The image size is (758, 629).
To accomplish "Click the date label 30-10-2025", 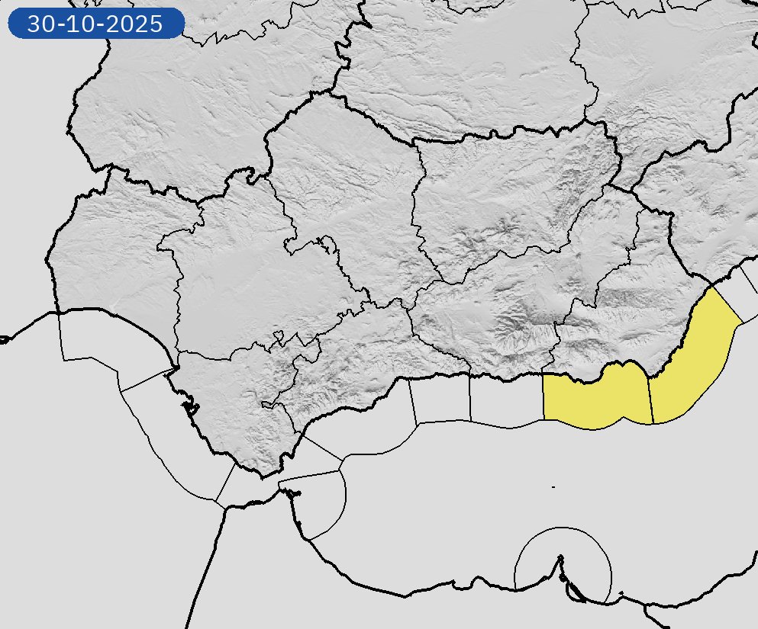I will (x=95, y=24).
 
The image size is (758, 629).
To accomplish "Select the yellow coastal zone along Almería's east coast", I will (x=695, y=358).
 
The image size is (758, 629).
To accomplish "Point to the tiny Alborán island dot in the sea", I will (x=553, y=486).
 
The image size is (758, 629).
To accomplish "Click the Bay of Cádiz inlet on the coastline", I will (x=187, y=404).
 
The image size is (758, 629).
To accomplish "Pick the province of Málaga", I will (x=351, y=358).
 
